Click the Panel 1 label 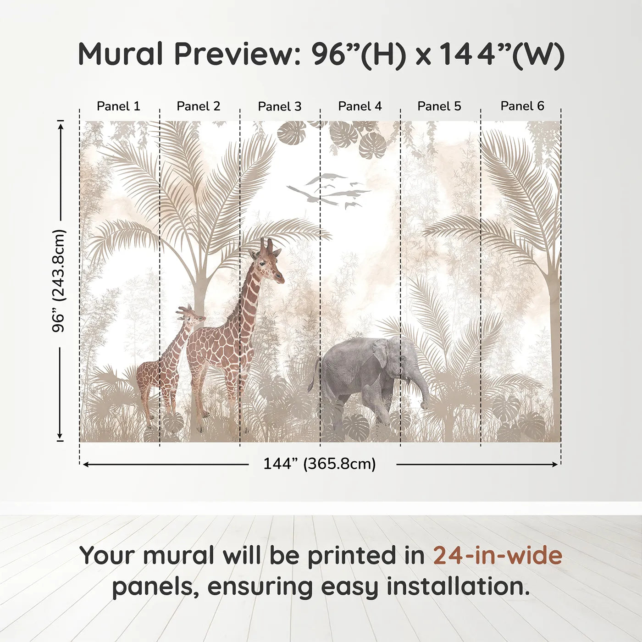[118, 106]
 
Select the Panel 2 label [198, 106]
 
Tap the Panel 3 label [280, 106]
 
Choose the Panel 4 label [360, 106]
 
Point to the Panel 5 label [439, 106]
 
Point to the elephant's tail [314, 376]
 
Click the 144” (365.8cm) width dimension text [320, 464]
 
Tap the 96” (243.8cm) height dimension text [59, 281]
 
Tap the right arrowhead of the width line [555, 465]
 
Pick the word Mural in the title [120, 54]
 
